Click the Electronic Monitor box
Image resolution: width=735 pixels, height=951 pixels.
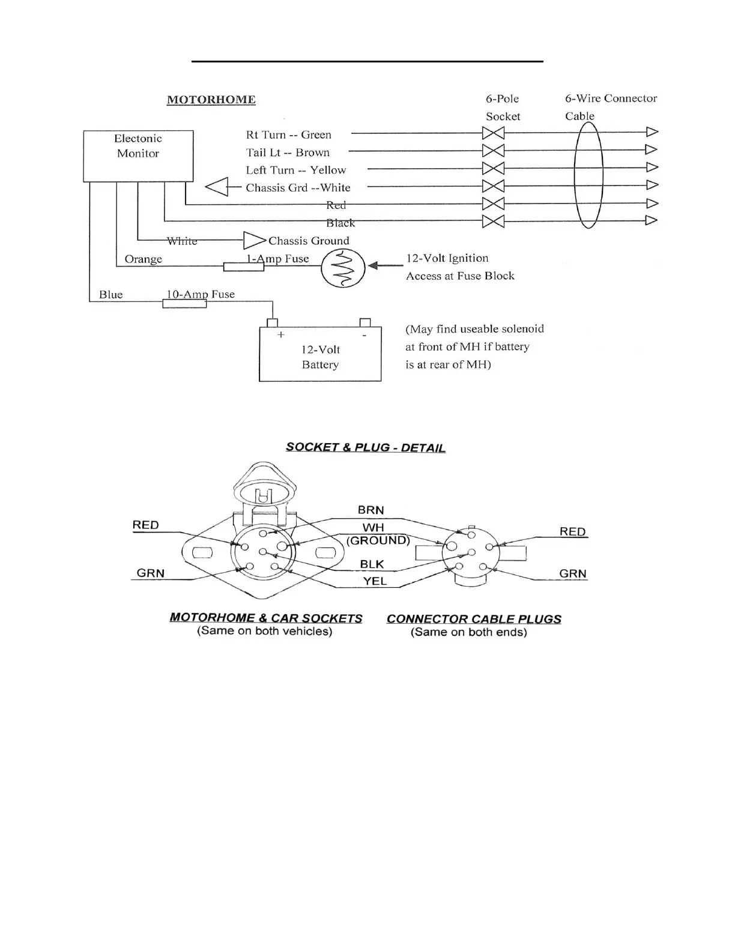[x=138, y=155]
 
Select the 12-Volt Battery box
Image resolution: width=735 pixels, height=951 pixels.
[x=320, y=354]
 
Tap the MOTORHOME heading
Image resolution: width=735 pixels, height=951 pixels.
[x=211, y=100]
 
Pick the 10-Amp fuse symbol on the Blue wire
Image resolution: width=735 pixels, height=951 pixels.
[x=184, y=304]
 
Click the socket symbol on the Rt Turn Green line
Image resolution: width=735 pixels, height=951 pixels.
[x=493, y=133]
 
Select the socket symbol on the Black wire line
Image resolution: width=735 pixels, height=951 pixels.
[x=493, y=222]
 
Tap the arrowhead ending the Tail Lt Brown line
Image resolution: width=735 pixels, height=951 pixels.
[x=652, y=149]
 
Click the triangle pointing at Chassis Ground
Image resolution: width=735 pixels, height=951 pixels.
[x=254, y=241]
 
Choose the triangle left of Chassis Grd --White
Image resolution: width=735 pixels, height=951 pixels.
[x=217, y=187]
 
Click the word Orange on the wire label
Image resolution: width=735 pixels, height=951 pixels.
[x=143, y=259]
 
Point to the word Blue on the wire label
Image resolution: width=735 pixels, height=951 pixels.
[x=110, y=295]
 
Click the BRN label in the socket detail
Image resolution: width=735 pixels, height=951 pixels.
[x=371, y=510]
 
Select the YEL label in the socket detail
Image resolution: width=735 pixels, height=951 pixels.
[x=375, y=581]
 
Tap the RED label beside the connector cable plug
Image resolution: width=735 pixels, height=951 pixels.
[x=572, y=532]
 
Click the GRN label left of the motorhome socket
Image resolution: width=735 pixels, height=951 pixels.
[x=150, y=573]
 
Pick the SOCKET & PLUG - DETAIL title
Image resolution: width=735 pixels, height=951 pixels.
[x=365, y=448]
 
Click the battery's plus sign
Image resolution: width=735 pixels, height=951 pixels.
[x=280, y=335]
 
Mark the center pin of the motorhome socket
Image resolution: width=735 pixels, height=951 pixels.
[x=262, y=551]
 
